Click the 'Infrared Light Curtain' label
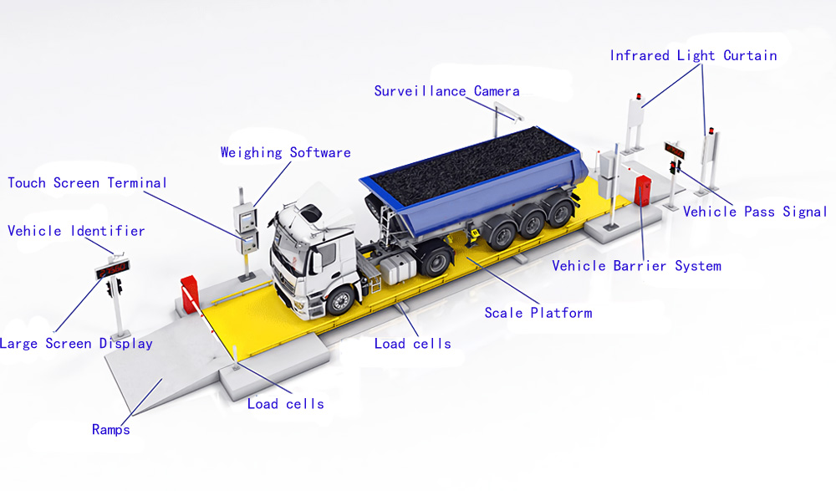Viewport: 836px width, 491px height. pos(693,55)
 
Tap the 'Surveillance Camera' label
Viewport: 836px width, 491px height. pos(446,91)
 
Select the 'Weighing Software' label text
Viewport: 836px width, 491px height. pos(286,152)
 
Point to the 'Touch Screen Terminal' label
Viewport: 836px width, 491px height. pos(88,183)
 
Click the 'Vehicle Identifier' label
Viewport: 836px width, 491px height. pos(76,231)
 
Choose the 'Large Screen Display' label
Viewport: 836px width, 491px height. pos(76,344)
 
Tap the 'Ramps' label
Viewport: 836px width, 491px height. pos(111,430)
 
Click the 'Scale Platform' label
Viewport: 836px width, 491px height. pos(538,313)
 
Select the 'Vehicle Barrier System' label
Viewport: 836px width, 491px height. pos(636,266)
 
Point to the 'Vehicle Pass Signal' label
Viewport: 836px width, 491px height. pos(755,212)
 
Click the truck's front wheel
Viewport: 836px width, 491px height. pos(340,301)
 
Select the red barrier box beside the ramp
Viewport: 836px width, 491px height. pos(189,293)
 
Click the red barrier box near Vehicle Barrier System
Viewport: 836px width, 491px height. pos(643,190)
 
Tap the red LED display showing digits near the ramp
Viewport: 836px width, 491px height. pos(113,269)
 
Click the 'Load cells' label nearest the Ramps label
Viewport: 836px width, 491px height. pos(286,404)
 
